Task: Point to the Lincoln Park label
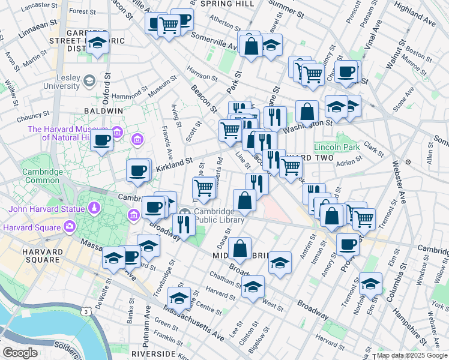pyautogui.click(x=337, y=147)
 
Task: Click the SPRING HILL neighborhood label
pyautogui.click(x=228, y=4)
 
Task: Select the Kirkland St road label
pyautogui.click(x=173, y=161)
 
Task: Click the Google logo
pyautogui.click(x=20, y=353)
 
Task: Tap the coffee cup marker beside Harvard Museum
pyautogui.click(x=102, y=141)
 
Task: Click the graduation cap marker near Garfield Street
pyautogui.click(x=97, y=41)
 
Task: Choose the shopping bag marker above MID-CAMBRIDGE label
pyautogui.click(x=240, y=248)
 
